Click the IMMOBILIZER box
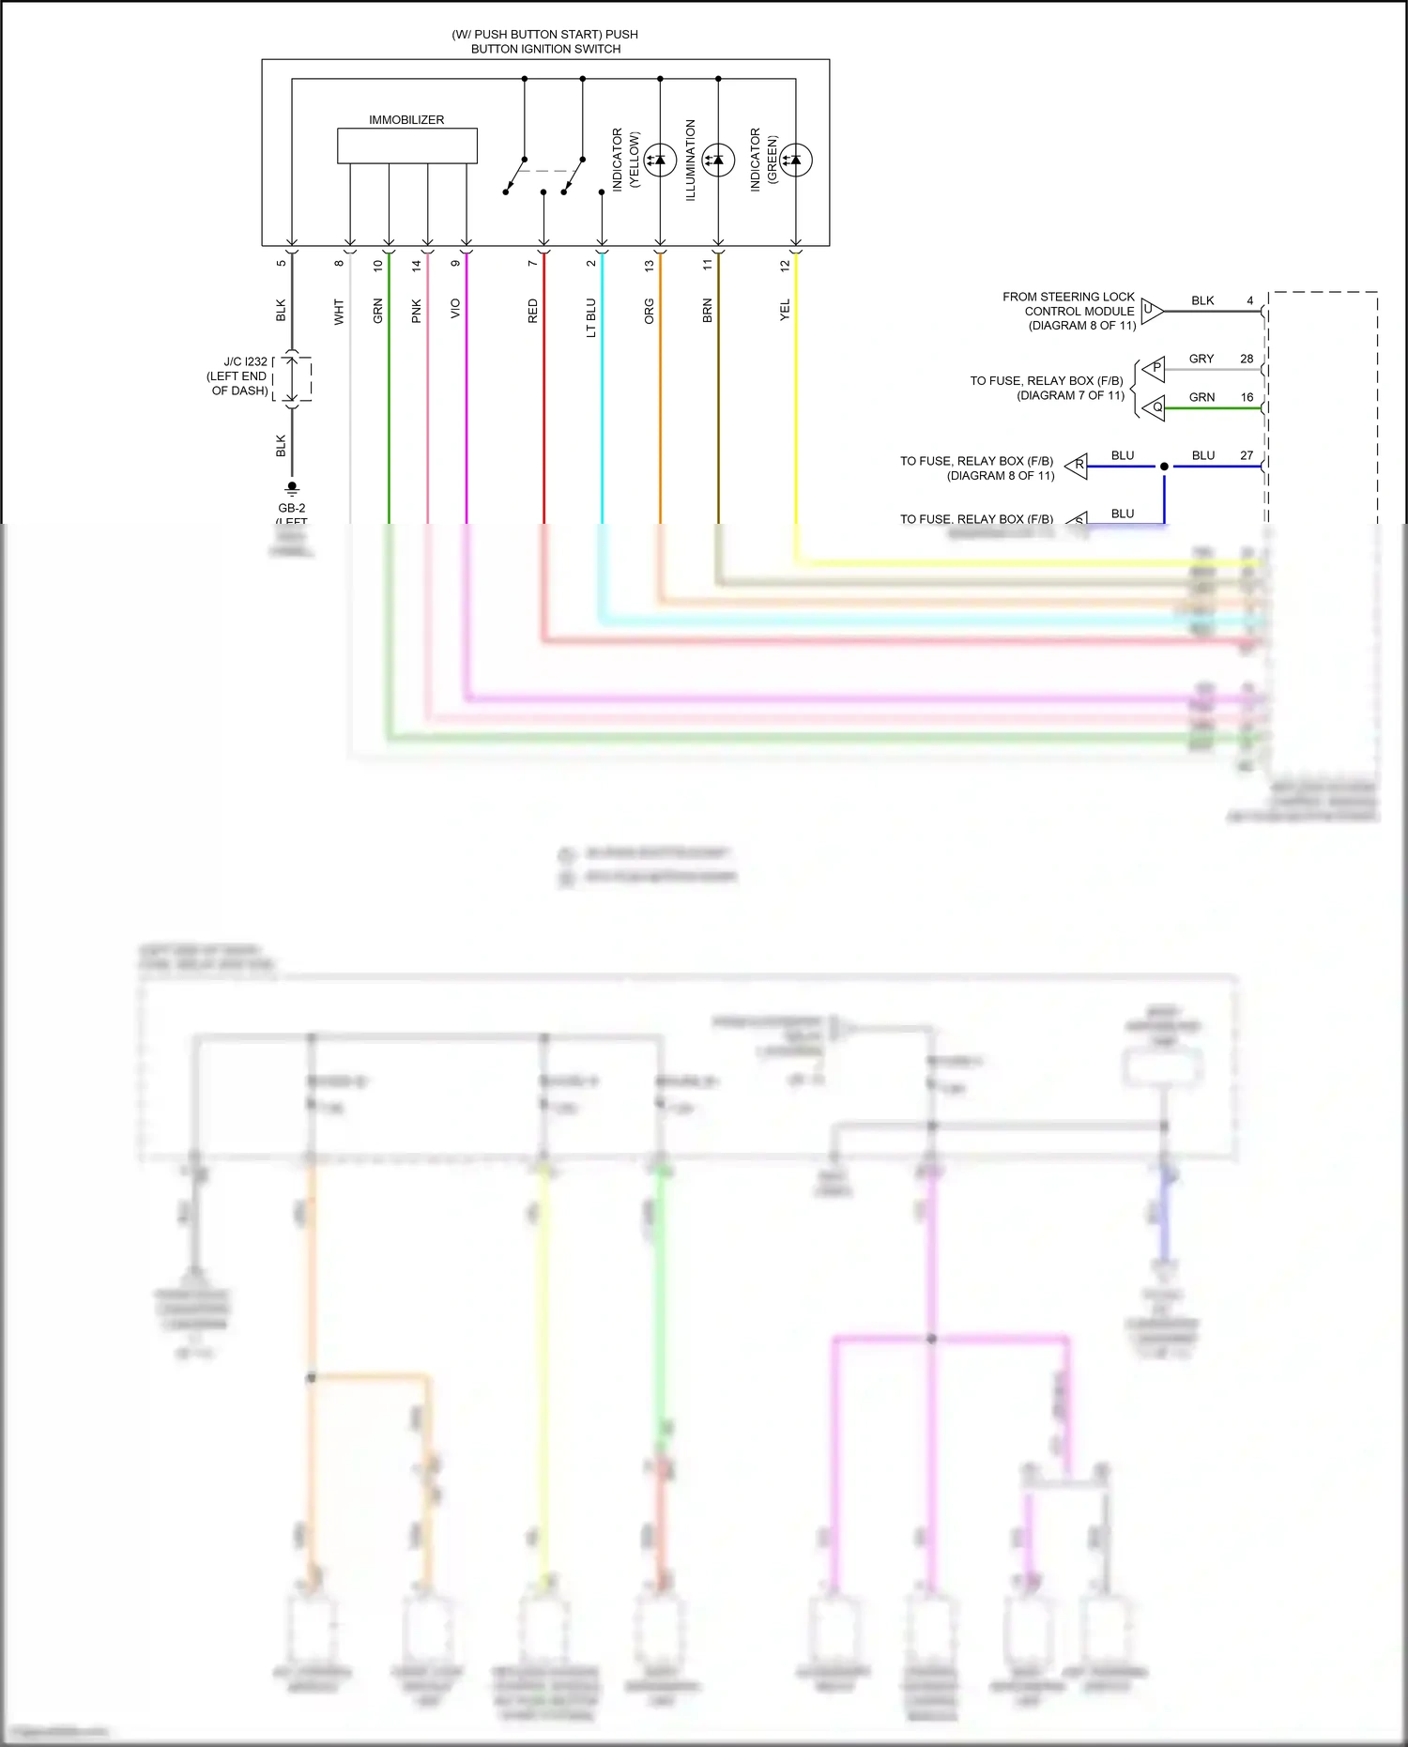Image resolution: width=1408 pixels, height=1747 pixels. coord(406,146)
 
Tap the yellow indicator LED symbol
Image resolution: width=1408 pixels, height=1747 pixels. coord(660,160)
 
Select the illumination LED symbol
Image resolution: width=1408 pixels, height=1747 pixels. coord(718,160)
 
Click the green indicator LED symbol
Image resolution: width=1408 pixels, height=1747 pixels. coord(796,160)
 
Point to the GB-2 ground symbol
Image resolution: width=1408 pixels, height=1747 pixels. coord(292,489)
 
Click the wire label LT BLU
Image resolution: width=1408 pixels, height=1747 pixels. coord(591,317)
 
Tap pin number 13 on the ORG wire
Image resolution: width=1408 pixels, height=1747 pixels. coord(650,266)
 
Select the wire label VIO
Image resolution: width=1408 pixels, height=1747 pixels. coord(455,308)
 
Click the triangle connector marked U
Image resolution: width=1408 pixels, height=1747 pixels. coord(1152,310)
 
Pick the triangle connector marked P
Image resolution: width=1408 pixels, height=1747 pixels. coord(1155,368)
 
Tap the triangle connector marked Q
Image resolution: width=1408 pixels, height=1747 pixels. coord(1155,407)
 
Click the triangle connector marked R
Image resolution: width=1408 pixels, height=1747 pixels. coord(1078,465)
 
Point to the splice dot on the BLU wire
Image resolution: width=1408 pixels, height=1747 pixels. coord(1164,467)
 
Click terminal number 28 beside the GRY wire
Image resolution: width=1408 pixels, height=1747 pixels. coord(1247,359)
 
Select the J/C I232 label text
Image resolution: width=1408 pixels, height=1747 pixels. coord(245,361)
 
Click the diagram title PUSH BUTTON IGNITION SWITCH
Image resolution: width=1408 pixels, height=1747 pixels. coord(545,41)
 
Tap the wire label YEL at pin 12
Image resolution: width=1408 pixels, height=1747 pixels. coord(785,310)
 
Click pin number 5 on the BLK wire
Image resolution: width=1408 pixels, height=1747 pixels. coord(281,263)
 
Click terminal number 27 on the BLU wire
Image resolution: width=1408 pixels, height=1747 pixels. coord(1247,455)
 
